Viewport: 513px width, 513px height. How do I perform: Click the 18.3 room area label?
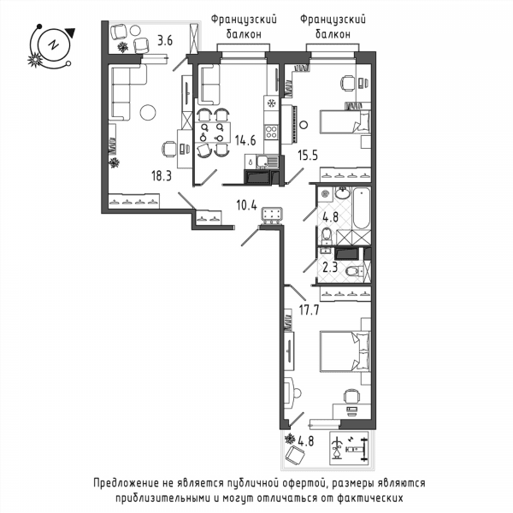click(x=162, y=176)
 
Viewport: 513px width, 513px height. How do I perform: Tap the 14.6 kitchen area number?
click(x=245, y=140)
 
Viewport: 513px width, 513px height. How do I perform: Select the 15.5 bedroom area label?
click(x=308, y=156)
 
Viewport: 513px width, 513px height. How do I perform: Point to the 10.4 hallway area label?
click(x=247, y=205)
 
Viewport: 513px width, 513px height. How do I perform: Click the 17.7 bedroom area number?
click(x=310, y=310)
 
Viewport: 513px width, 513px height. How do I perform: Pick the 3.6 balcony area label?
click(x=165, y=41)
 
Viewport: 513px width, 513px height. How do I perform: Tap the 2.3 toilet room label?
click(x=330, y=268)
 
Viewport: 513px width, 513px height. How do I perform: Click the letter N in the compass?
click(x=53, y=44)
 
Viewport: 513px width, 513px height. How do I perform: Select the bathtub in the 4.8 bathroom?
click(x=362, y=208)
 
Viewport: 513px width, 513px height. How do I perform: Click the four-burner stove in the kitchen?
click(x=271, y=132)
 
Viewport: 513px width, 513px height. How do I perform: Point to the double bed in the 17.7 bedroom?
click(x=345, y=351)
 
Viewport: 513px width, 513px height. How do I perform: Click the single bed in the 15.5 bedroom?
click(x=345, y=121)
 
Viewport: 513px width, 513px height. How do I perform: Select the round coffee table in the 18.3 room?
click(x=148, y=112)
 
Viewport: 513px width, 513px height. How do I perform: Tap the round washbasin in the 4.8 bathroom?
click(x=343, y=192)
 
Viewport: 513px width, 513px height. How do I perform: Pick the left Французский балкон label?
click(x=244, y=27)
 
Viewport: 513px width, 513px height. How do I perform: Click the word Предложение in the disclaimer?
click(x=124, y=482)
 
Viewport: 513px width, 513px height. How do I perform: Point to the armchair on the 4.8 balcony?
click(x=295, y=456)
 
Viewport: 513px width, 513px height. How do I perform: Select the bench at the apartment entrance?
click(x=272, y=216)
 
